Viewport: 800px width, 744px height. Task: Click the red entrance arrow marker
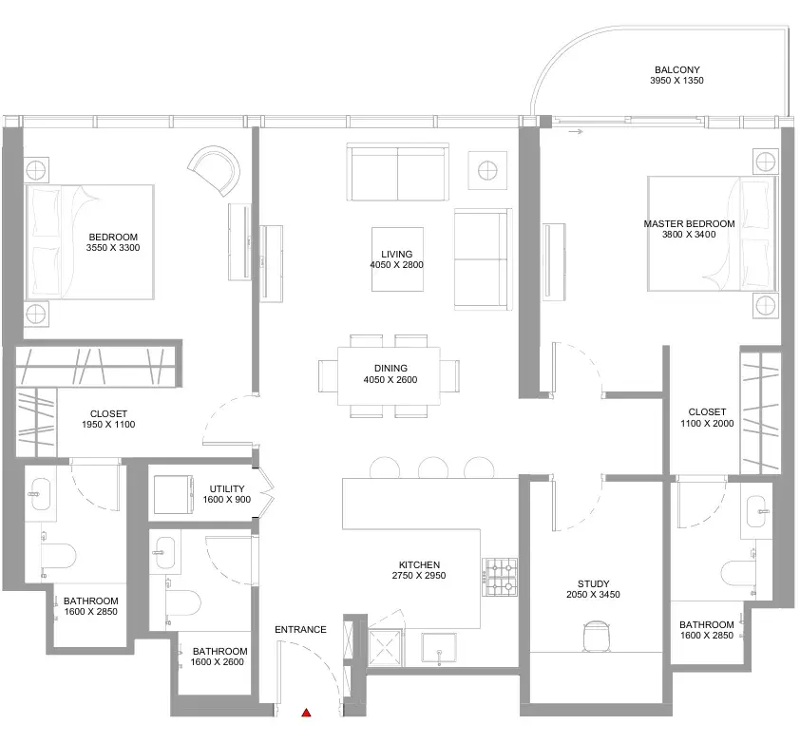[x=306, y=713]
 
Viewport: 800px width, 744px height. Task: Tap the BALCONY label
[x=677, y=69]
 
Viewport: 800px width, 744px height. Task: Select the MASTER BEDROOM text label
[x=689, y=223]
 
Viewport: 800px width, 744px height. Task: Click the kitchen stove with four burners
[x=500, y=577]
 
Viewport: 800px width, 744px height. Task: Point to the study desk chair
[x=596, y=636]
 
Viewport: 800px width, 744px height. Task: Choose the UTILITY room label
[x=227, y=488]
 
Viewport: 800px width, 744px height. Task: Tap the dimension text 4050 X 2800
[x=396, y=265]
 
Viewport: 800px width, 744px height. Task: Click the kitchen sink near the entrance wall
[x=439, y=648]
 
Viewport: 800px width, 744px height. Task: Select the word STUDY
[x=594, y=583]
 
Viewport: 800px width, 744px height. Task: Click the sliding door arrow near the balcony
[x=576, y=132]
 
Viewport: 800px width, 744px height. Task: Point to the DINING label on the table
[x=390, y=368]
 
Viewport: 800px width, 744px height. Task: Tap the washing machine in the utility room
[x=174, y=494]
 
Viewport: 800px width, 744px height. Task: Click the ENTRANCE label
[x=300, y=630]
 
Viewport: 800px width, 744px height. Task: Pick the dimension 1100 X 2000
[x=707, y=423]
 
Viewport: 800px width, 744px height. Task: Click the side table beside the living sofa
[x=487, y=170]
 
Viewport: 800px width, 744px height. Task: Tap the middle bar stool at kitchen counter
[x=433, y=467]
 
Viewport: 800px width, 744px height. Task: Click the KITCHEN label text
[x=419, y=564]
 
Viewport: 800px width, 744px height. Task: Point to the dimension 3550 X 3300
[x=113, y=248]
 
